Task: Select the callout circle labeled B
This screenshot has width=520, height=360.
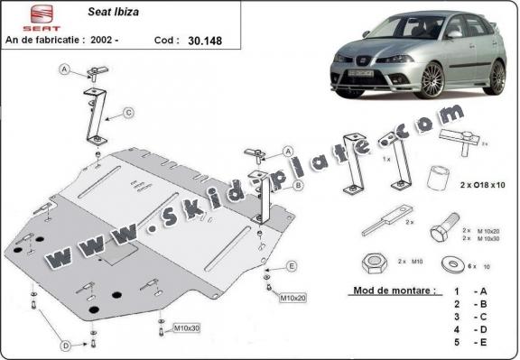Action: point(298,186)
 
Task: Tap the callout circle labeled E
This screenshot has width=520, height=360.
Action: point(292,265)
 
